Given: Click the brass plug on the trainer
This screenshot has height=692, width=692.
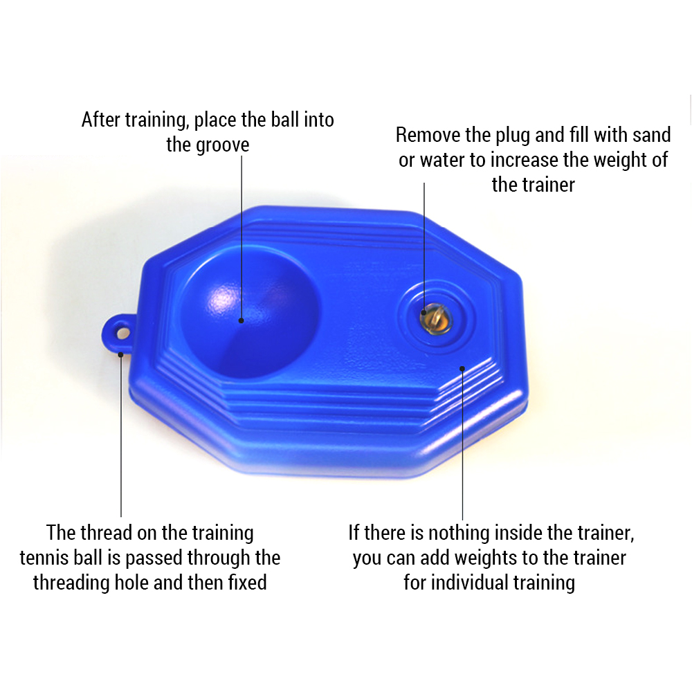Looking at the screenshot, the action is (436, 318).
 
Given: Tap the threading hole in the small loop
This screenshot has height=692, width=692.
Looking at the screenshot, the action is (123, 333).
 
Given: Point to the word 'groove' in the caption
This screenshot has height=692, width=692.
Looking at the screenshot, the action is (224, 145).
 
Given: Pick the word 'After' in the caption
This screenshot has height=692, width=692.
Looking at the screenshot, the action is (100, 120).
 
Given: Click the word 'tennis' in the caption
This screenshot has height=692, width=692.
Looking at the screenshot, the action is (44, 558).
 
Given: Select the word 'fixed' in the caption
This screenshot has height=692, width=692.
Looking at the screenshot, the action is (247, 583).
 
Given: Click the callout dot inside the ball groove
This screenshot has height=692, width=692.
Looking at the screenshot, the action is (241, 321).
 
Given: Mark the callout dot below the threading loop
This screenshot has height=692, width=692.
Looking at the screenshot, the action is (120, 354).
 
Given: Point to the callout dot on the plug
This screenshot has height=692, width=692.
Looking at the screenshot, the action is (424, 313).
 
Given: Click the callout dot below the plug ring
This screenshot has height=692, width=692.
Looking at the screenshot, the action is (462, 369).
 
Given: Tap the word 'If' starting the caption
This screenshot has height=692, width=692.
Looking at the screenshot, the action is (353, 533).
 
